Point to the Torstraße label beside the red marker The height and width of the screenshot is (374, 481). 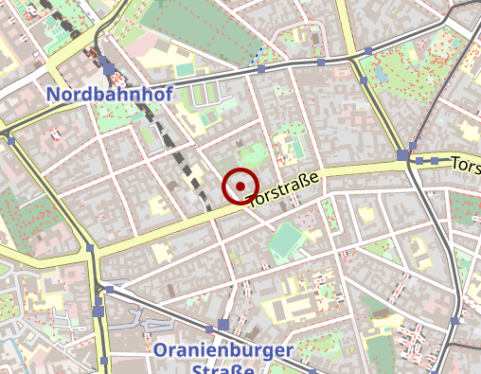(x=294, y=187)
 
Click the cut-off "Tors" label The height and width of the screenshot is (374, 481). (x=466, y=165)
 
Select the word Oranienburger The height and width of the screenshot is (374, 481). (x=223, y=351)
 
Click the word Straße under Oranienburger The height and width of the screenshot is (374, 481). (x=223, y=369)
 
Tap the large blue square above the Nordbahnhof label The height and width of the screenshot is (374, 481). (x=107, y=67)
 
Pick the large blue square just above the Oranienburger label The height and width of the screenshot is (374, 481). (x=223, y=325)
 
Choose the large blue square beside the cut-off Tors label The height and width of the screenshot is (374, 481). (x=403, y=154)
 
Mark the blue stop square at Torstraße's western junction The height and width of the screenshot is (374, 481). (x=90, y=248)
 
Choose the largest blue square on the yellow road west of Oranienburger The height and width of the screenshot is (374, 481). (x=98, y=311)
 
